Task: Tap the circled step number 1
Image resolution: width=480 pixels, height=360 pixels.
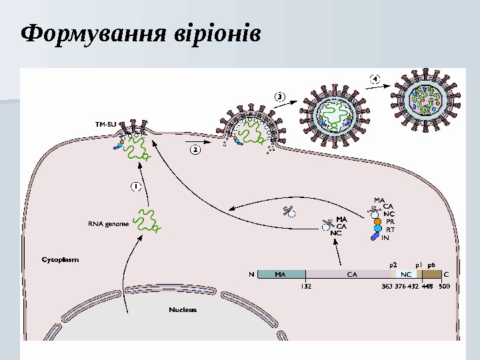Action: tap(135, 186)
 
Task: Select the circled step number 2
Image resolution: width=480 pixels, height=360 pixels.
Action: tap(195, 151)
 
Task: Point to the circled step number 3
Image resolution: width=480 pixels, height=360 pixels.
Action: tap(281, 97)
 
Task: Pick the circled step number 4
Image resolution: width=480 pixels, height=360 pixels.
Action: tap(375, 79)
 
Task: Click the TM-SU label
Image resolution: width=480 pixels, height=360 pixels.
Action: tap(105, 124)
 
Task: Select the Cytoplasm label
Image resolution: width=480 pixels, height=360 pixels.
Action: tap(61, 260)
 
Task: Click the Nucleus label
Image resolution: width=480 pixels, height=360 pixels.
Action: tap(183, 309)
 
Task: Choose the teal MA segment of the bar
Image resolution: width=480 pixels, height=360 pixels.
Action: tap(281, 273)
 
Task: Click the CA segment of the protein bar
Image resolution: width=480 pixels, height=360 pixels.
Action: tap(351, 273)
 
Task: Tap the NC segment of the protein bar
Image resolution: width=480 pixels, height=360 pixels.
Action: tap(405, 273)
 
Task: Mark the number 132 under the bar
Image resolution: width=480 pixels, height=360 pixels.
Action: tap(306, 286)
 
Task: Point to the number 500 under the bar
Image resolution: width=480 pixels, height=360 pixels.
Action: tap(444, 286)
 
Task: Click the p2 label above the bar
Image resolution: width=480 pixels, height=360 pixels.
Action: tap(393, 264)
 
